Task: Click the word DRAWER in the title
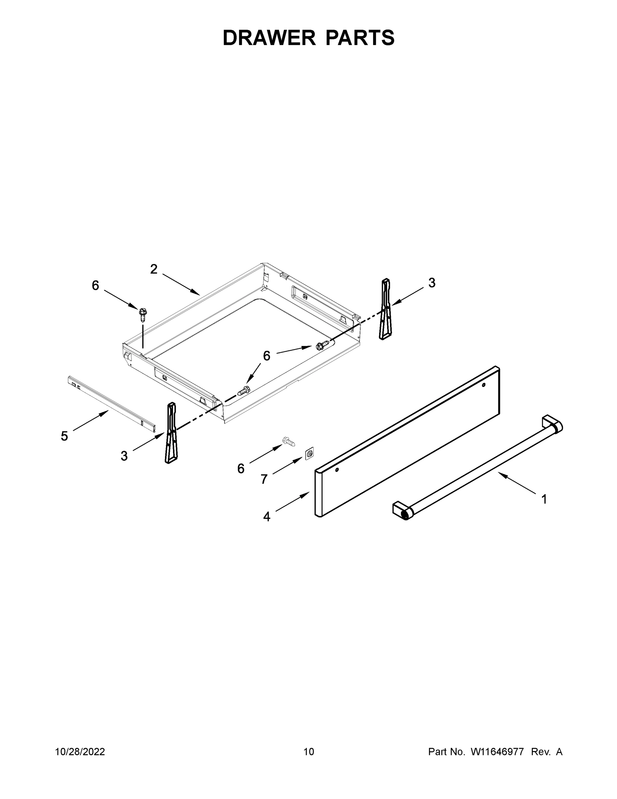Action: pos(269,38)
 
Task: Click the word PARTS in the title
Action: pos(360,38)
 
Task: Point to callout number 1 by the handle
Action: pos(544,499)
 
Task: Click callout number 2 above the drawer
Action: pos(154,269)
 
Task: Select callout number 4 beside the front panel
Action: pos(267,517)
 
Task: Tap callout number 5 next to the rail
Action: pos(64,436)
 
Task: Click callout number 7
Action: pos(264,479)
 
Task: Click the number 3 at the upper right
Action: pos(432,283)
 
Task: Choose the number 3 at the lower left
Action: pos(124,456)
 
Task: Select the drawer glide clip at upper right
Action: pos(385,310)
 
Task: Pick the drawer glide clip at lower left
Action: pos(171,433)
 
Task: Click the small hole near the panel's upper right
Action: pos(483,385)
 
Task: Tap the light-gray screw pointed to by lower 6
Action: pos(289,441)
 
